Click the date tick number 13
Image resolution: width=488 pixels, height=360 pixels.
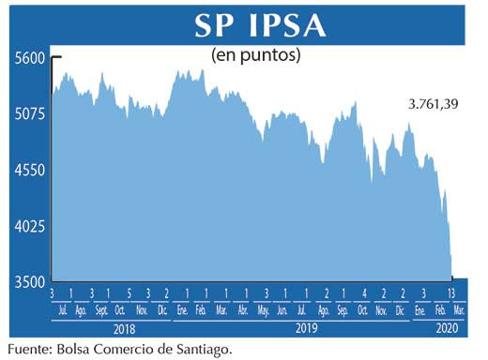[x=451, y=294]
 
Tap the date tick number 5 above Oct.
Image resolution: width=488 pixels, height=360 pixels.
[x=128, y=294]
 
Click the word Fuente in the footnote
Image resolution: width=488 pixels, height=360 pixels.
[x=28, y=350]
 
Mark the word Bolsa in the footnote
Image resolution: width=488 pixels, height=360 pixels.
[x=79, y=350]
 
